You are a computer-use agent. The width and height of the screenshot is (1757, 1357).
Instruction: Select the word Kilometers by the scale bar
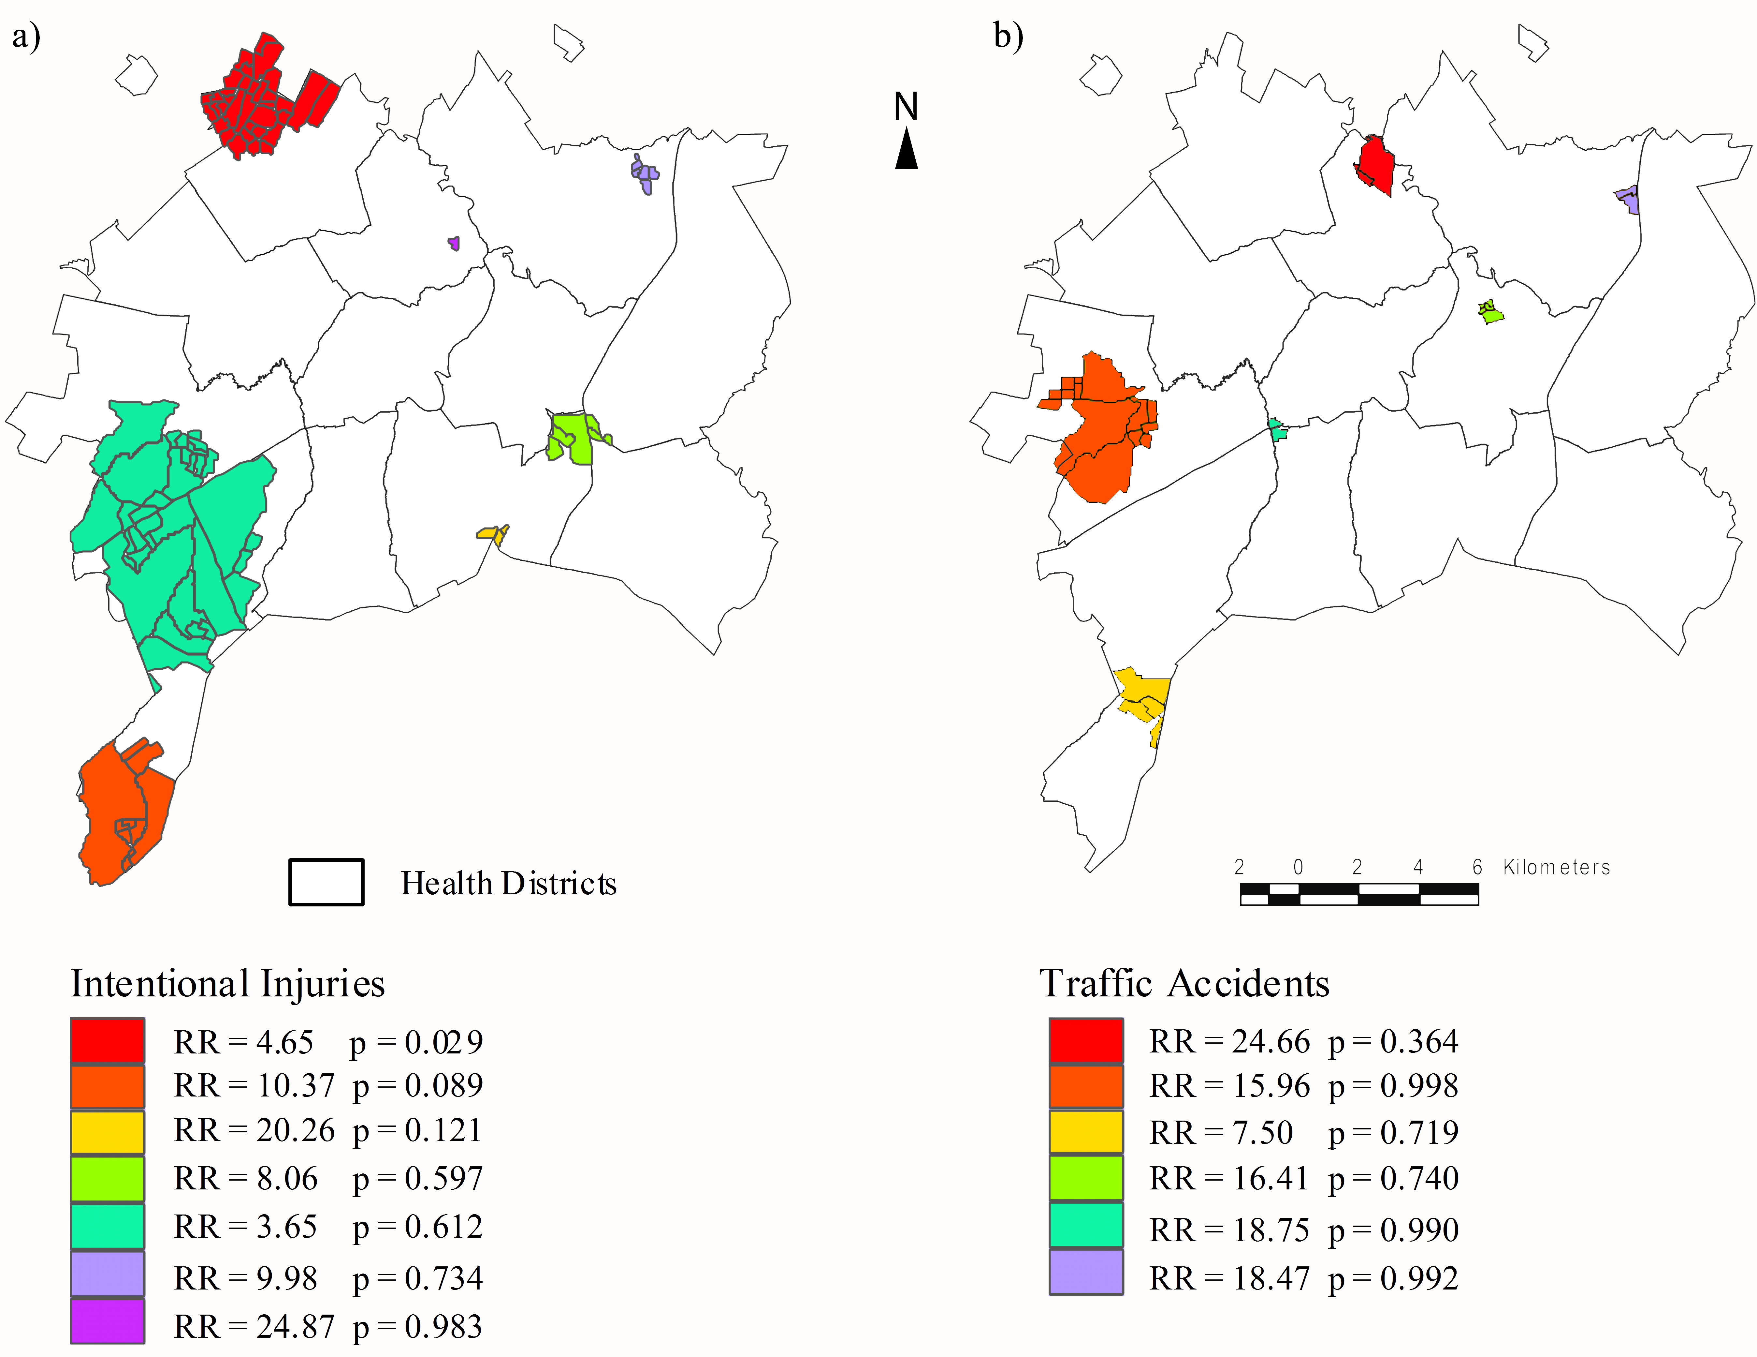(1557, 867)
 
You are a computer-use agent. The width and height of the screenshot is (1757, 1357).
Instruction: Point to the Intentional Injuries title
(228, 984)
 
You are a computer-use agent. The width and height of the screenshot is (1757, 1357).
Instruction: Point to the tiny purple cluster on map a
(455, 243)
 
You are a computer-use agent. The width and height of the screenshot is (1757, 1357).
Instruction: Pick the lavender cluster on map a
(645, 174)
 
